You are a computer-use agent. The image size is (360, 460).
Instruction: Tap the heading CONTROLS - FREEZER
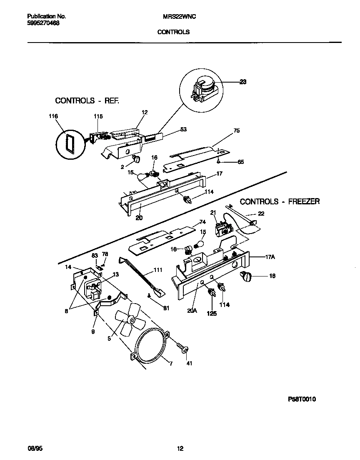click(x=280, y=201)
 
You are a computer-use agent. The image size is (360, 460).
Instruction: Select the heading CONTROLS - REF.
click(x=87, y=101)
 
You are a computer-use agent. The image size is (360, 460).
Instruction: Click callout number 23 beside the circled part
click(x=242, y=82)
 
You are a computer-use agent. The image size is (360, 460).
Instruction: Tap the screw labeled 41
click(x=182, y=347)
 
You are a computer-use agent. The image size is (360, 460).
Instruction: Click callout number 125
click(x=212, y=314)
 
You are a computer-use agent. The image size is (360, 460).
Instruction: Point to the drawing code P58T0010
click(x=302, y=399)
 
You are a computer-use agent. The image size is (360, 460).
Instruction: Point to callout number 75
click(x=236, y=131)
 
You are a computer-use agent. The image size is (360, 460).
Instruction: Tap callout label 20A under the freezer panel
click(x=192, y=310)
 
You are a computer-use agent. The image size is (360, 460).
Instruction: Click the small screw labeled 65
click(x=219, y=161)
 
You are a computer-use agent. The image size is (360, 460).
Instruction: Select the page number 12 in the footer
click(x=180, y=449)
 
